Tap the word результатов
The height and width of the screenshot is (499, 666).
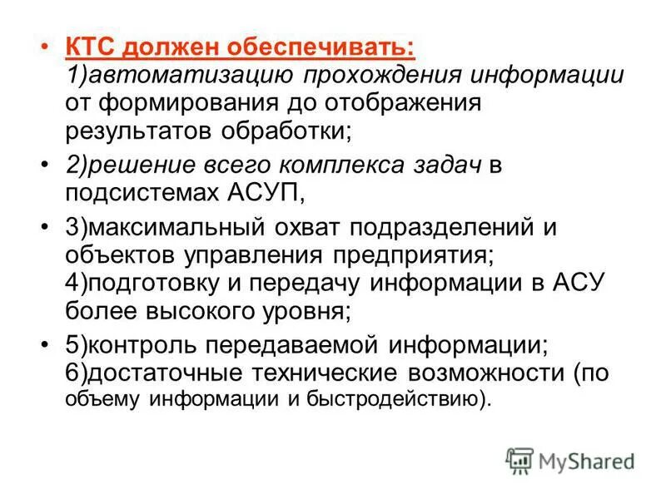click(133, 130)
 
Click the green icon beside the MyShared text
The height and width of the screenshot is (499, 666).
click(519, 459)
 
